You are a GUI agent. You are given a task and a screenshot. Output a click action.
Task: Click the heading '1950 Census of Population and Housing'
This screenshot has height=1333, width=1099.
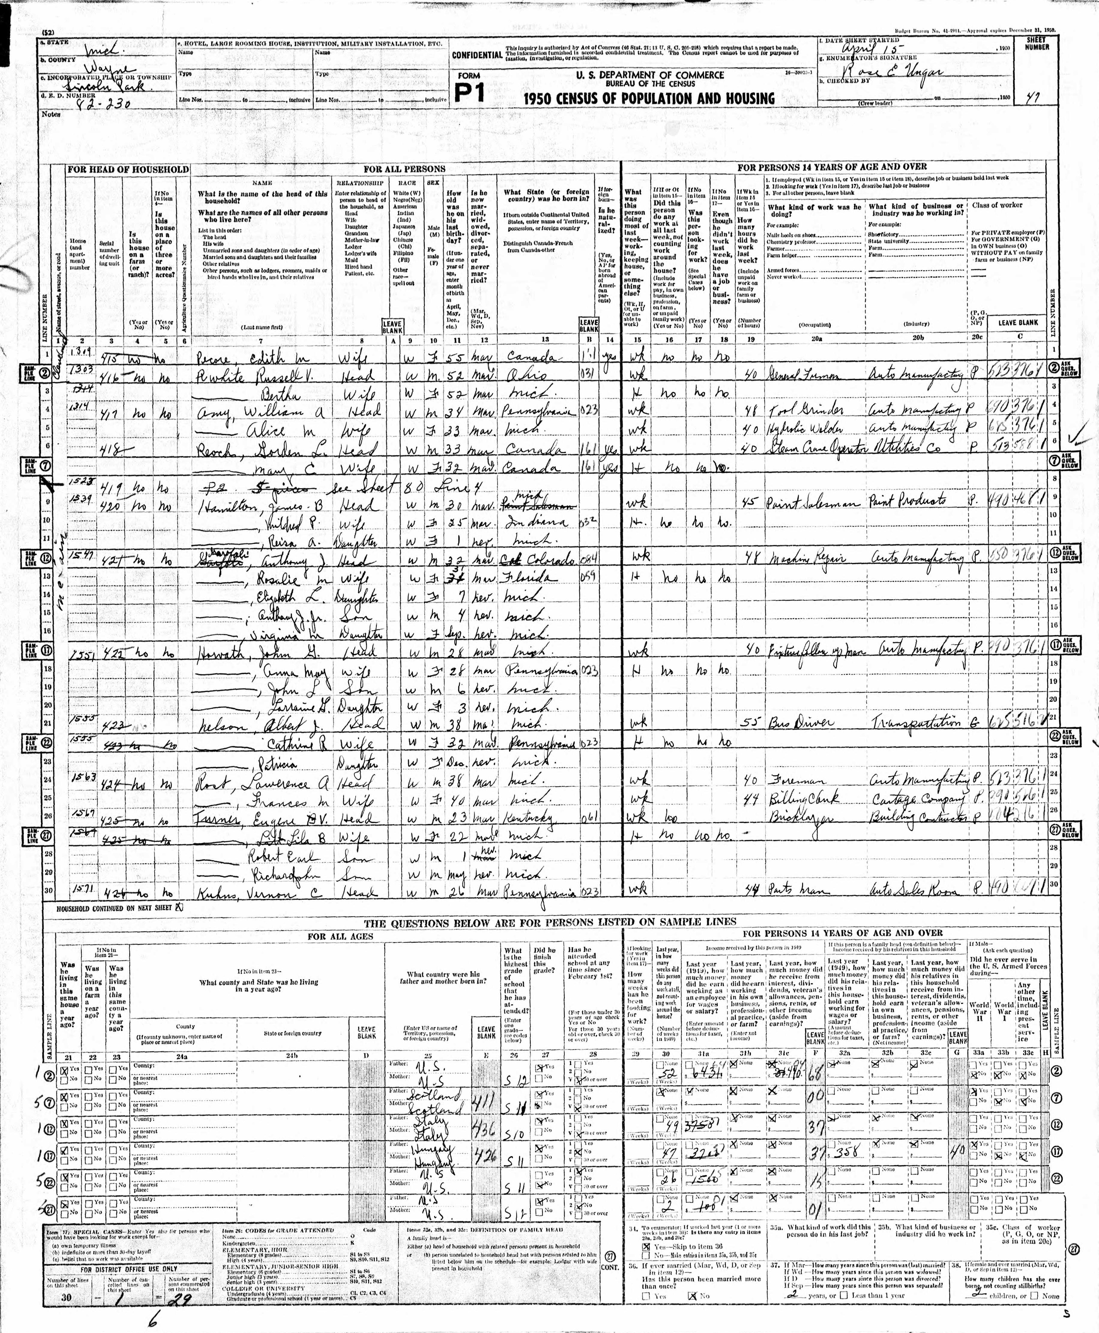649,98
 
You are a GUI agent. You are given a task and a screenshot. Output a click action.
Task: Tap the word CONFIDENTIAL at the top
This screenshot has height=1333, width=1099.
477,55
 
